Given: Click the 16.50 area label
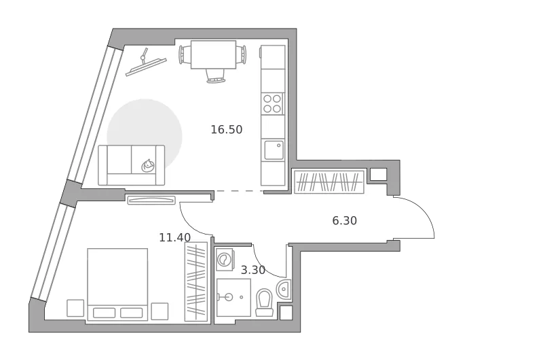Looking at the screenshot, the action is [x=227, y=129].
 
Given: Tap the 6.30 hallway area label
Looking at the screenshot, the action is [x=345, y=220].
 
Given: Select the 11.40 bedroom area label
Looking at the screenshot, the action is [x=175, y=237].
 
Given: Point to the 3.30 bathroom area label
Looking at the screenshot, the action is [x=253, y=270].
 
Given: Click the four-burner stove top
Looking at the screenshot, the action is [x=272, y=104].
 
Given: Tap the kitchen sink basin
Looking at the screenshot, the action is [x=274, y=150].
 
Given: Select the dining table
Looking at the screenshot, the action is [x=213, y=54].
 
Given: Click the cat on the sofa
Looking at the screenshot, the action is [x=148, y=165].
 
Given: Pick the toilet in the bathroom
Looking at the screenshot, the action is [x=264, y=303].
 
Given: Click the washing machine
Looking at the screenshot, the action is [x=225, y=260].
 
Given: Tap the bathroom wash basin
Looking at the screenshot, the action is [x=284, y=289].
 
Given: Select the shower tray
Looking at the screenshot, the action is [x=233, y=297].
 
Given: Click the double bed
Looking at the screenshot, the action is [x=117, y=284].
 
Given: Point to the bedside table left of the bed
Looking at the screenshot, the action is [x=75, y=308].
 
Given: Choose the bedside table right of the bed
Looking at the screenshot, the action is [x=160, y=311].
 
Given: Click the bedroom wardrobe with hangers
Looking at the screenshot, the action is [x=196, y=281].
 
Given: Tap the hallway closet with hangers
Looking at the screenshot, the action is [x=329, y=182].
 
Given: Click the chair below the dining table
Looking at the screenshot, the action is [x=215, y=76].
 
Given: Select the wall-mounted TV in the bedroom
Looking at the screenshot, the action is [x=151, y=200].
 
